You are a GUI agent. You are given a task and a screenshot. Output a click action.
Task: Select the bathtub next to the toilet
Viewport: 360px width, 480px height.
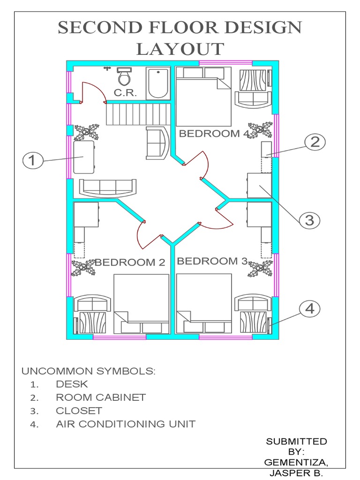(158, 83)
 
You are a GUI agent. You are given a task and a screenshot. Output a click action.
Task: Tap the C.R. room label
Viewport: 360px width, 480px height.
(125, 93)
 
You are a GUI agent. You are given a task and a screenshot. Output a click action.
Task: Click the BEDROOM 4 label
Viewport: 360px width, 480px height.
(214, 134)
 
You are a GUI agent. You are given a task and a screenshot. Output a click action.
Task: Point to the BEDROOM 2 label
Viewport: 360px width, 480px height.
(130, 262)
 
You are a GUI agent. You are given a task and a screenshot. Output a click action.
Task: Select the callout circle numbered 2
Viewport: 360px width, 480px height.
(315, 142)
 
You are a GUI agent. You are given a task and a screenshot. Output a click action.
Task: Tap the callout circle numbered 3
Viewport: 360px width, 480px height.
(309, 220)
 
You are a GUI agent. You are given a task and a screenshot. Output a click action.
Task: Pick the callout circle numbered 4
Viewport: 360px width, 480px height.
(309, 308)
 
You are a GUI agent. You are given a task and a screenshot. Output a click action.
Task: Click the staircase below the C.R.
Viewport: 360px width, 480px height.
(136, 114)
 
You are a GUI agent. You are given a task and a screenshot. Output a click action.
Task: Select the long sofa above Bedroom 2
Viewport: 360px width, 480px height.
(108, 187)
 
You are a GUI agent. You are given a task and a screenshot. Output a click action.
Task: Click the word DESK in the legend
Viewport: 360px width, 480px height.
(72, 384)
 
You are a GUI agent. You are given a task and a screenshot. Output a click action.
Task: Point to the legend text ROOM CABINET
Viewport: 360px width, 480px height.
(101, 397)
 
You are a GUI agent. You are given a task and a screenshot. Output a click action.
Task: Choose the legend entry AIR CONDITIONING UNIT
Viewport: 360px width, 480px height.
(125, 424)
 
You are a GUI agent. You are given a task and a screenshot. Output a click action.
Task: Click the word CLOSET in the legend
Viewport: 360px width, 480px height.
(79, 411)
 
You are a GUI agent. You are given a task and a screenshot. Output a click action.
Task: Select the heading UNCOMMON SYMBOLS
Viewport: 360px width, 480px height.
(88, 371)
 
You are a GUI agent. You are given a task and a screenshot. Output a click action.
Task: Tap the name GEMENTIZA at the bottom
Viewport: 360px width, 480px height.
(296, 463)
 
